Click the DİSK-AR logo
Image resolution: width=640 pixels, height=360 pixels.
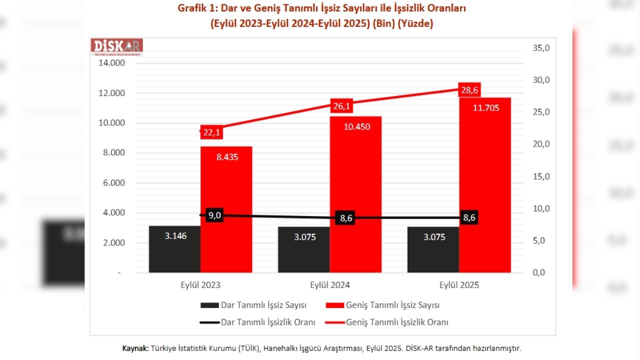(117, 46)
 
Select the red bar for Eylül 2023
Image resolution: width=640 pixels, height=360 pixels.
(226, 210)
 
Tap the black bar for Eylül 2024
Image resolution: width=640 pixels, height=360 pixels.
(303, 249)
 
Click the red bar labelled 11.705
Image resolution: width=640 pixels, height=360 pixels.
(485, 185)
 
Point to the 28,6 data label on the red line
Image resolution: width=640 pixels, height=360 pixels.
(468, 90)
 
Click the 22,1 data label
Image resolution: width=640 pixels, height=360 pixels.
(212, 132)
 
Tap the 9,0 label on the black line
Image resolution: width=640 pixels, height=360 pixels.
(214, 215)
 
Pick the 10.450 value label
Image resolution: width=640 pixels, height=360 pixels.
(357, 126)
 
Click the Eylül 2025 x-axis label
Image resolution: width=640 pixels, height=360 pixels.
(459, 285)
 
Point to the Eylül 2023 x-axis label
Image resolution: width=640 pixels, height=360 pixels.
(200, 285)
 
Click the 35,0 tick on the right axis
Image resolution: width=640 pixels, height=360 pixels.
(541, 48)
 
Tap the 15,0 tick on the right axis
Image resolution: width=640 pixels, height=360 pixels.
(541, 176)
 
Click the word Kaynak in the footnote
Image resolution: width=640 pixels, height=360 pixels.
(135, 348)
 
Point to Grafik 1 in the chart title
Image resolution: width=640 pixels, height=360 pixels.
(197, 8)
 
